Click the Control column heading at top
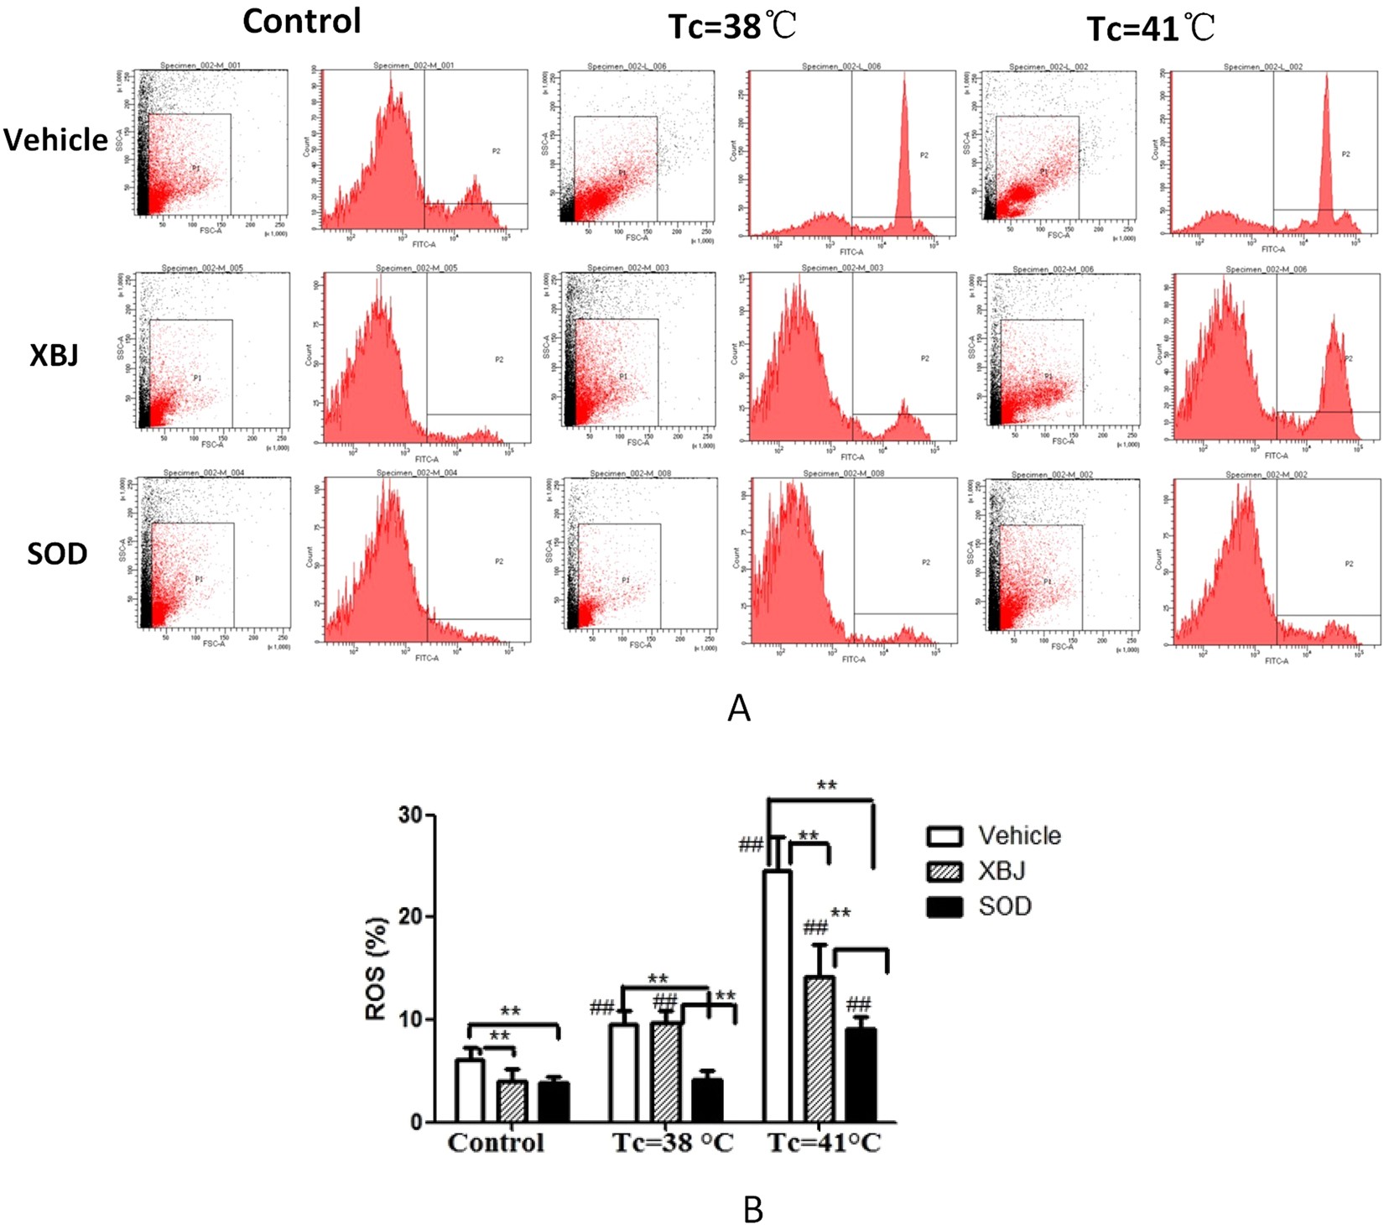(x=302, y=21)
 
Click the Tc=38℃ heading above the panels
(x=731, y=27)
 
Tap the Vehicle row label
(x=56, y=139)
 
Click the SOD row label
(x=57, y=554)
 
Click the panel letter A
(x=738, y=709)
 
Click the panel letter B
(x=752, y=1210)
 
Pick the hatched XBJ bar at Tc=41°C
(x=819, y=1049)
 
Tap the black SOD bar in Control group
(x=554, y=1102)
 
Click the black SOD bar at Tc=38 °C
(x=707, y=1100)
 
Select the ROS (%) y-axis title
(x=377, y=969)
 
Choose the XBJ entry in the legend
(x=1002, y=871)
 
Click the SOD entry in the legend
(x=1004, y=906)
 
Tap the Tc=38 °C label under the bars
(x=672, y=1143)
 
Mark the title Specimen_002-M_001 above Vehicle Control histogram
(x=414, y=65)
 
